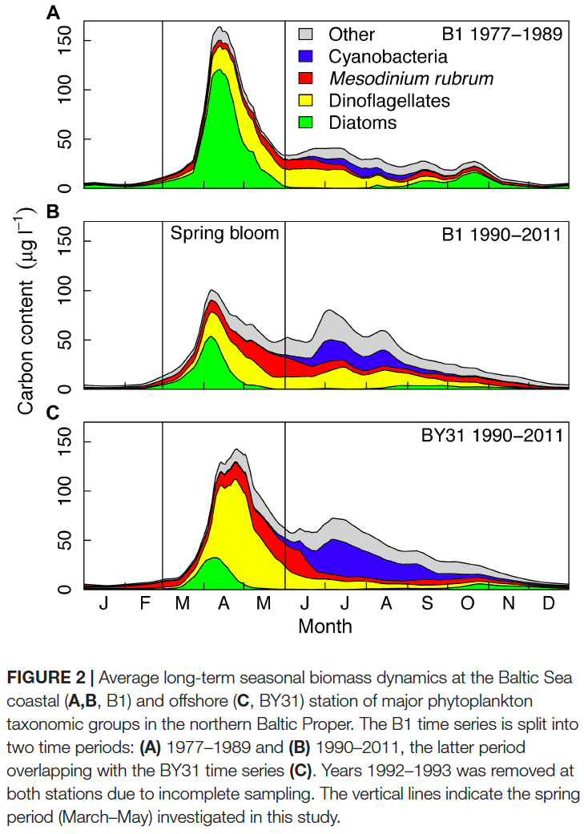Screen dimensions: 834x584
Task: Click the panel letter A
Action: tap(53, 12)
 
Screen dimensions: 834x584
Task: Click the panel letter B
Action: tap(53, 212)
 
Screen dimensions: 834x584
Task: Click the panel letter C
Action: tap(53, 413)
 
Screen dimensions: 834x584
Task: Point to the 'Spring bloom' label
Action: tap(224, 233)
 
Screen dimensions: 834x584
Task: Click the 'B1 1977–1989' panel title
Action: tap(501, 34)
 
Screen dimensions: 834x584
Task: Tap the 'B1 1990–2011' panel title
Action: tap(501, 234)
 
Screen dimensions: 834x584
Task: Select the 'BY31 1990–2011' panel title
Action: tap(492, 435)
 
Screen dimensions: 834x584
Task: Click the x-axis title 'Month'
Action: tap(325, 626)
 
